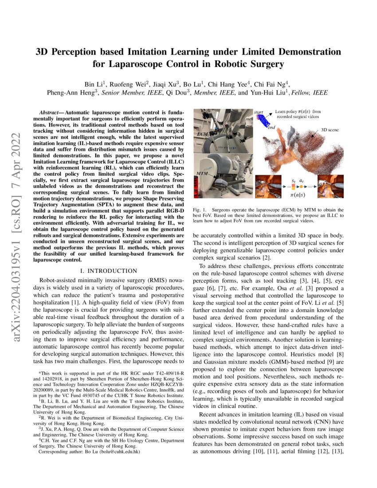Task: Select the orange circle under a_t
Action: click(x=302, y=187)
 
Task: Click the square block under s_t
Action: click(x=293, y=187)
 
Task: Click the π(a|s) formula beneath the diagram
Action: click(x=297, y=195)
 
